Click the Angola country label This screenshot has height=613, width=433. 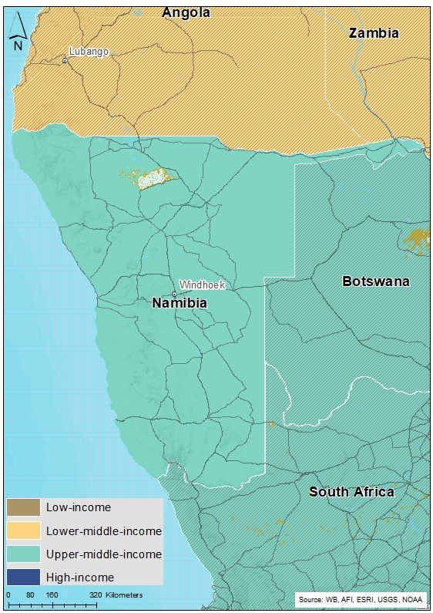[186, 12]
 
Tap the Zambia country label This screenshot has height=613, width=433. [374, 33]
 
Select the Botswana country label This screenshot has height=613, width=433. [376, 281]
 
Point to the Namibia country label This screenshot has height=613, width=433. [180, 303]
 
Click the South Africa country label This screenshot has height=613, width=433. [352, 492]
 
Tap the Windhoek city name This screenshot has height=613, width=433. [202, 285]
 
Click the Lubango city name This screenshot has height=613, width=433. [89, 52]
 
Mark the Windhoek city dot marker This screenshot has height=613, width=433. [174, 294]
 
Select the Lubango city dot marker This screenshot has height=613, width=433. [65, 60]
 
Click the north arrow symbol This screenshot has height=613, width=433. [18, 34]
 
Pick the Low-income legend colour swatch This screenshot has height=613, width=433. [23, 507]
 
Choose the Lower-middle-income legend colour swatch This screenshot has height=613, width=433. [23, 530]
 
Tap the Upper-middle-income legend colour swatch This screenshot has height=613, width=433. [23, 554]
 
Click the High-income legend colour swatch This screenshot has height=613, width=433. [23, 577]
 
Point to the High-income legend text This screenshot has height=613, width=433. [80, 577]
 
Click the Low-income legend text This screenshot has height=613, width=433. [78, 507]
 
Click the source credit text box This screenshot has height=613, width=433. [360, 599]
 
